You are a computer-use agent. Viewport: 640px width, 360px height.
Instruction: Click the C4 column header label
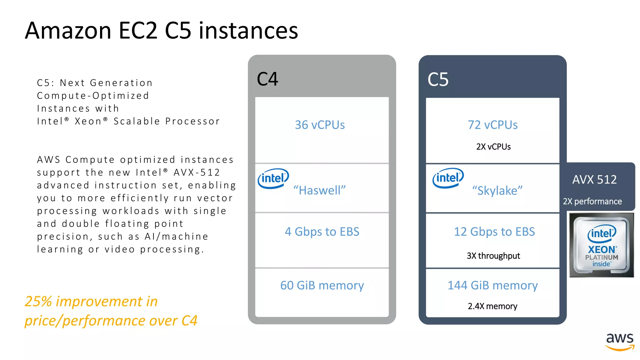267,79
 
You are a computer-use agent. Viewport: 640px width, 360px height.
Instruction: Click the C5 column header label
438,80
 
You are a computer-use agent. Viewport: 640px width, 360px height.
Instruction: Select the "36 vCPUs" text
320,125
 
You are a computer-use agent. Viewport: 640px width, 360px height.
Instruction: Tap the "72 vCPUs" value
492,125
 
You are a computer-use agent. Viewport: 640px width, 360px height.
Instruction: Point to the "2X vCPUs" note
493,147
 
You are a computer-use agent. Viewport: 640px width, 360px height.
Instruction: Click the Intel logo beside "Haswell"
273,178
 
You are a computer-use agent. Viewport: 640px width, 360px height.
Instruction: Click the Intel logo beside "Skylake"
448,178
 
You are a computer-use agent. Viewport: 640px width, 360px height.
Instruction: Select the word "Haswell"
319,190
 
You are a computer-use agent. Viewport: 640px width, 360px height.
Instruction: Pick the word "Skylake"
497,191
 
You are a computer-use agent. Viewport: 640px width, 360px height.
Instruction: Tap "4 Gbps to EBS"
322,232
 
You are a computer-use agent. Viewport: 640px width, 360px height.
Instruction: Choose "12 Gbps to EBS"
494,232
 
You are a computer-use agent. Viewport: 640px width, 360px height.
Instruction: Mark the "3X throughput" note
493,256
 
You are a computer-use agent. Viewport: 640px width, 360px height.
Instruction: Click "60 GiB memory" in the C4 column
322,285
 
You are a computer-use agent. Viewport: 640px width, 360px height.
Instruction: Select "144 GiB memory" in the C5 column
492,285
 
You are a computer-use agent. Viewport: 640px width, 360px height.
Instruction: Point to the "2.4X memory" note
492,306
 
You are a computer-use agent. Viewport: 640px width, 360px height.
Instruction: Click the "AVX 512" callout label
594,180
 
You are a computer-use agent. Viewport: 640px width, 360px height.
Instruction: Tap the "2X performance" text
592,202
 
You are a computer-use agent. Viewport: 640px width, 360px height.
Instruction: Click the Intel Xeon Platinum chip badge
602,245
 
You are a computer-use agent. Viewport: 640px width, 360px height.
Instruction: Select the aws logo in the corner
620,342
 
